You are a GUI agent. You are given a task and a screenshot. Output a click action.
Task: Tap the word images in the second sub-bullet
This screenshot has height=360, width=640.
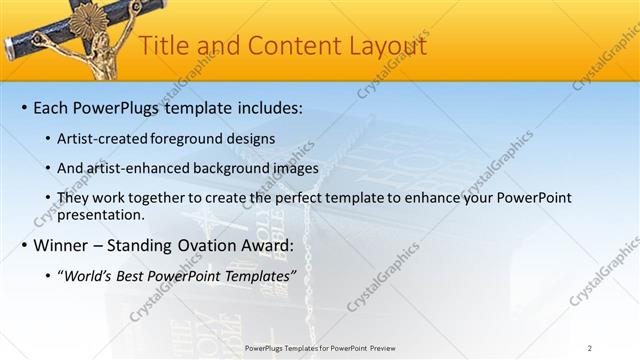pyautogui.click(x=288, y=167)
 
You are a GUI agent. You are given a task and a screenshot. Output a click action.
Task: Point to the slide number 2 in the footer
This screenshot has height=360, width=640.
pyautogui.click(x=589, y=348)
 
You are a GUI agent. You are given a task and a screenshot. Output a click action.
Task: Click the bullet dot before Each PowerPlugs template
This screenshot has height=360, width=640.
pyautogui.click(x=22, y=107)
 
